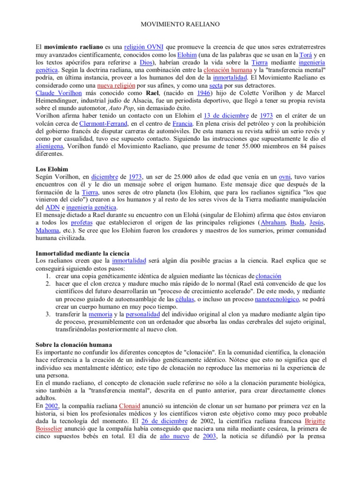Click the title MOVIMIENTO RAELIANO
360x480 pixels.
click(180, 23)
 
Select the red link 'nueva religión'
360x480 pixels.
click(116, 86)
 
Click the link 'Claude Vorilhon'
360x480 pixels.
click(57, 93)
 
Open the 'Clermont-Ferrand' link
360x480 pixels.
click(91, 123)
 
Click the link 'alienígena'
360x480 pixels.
click(49, 146)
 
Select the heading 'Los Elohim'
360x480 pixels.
click(52, 169)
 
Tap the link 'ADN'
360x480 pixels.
click(52, 207)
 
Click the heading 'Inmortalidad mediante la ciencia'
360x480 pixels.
click(82, 253)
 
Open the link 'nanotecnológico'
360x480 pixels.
click(277, 299)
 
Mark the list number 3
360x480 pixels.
click(48, 314)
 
